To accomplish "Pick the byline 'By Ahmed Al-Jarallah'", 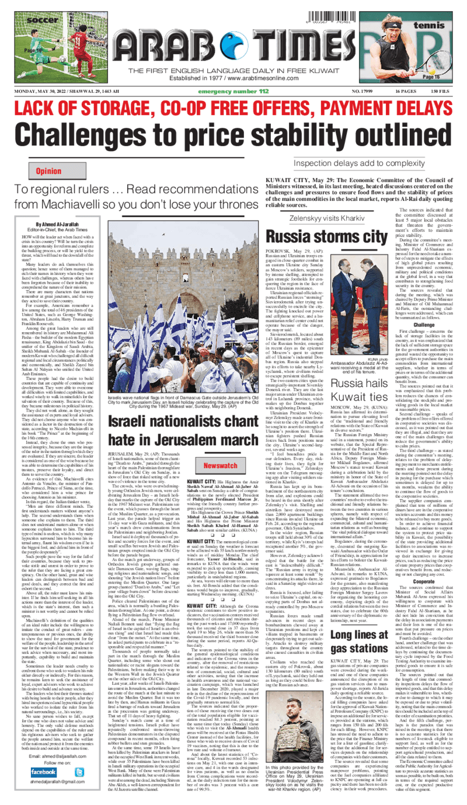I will [58, 224].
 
